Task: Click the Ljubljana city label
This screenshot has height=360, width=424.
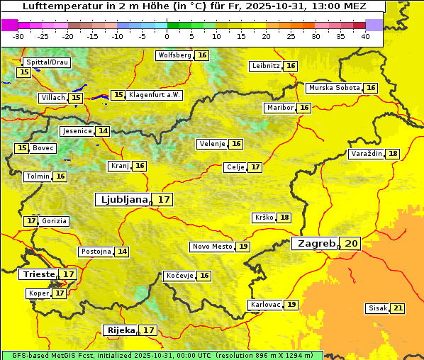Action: (x=122, y=200)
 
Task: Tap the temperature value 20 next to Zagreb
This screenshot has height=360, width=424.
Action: (x=352, y=244)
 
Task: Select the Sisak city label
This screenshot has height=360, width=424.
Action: (x=376, y=308)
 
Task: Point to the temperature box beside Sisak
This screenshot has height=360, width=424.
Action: (x=398, y=308)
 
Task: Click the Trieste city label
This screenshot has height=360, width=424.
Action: (x=38, y=274)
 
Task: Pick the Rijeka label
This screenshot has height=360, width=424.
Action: (x=120, y=330)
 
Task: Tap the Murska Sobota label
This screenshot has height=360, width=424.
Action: (x=333, y=88)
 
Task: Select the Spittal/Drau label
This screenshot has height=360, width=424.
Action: (x=47, y=62)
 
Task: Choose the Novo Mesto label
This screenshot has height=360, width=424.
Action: (x=212, y=247)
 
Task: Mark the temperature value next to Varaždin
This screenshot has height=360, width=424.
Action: (x=393, y=154)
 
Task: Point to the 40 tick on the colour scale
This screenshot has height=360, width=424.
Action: (x=365, y=36)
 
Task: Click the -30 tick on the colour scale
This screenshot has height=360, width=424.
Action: (x=18, y=36)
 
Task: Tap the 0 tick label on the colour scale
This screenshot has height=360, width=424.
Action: (x=167, y=36)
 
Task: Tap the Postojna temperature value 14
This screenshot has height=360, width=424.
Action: (x=123, y=252)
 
